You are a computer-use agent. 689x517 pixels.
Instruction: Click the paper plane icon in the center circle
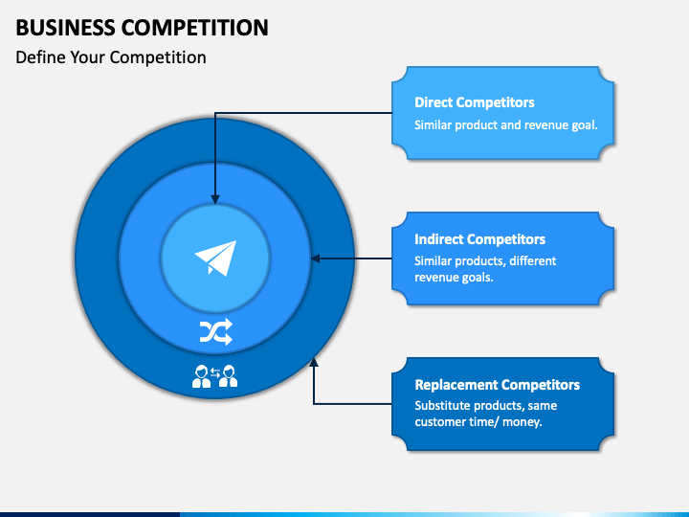click(x=215, y=258)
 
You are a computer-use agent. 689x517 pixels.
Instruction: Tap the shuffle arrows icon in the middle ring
click(x=215, y=331)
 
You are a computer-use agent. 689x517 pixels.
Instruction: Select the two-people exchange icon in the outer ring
click(x=215, y=376)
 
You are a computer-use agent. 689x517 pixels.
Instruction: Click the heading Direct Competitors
click(x=475, y=102)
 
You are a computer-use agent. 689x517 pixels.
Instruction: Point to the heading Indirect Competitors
click(x=479, y=239)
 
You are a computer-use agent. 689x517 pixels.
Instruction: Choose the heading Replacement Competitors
click(x=498, y=385)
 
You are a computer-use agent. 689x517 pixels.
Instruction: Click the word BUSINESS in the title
click(x=65, y=28)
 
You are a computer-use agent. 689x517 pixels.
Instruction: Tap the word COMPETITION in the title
click(x=194, y=28)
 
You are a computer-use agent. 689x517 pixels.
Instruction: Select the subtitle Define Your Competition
click(x=111, y=57)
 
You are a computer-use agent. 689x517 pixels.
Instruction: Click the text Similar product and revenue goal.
click(x=506, y=125)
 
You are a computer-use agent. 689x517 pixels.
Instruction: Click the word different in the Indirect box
click(x=533, y=261)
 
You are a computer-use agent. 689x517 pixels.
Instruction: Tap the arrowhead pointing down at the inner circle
click(x=215, y=199)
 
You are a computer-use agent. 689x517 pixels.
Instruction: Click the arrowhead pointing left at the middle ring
click(x=316, y=258)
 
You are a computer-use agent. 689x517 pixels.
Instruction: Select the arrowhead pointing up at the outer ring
click(x=314, y=362)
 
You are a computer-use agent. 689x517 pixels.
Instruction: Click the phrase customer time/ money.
click(x=478, y=422)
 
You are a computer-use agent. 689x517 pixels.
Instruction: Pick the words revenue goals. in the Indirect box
click(x=454, y=278)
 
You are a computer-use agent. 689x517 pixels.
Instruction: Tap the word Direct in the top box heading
click(x=435, y=102)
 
